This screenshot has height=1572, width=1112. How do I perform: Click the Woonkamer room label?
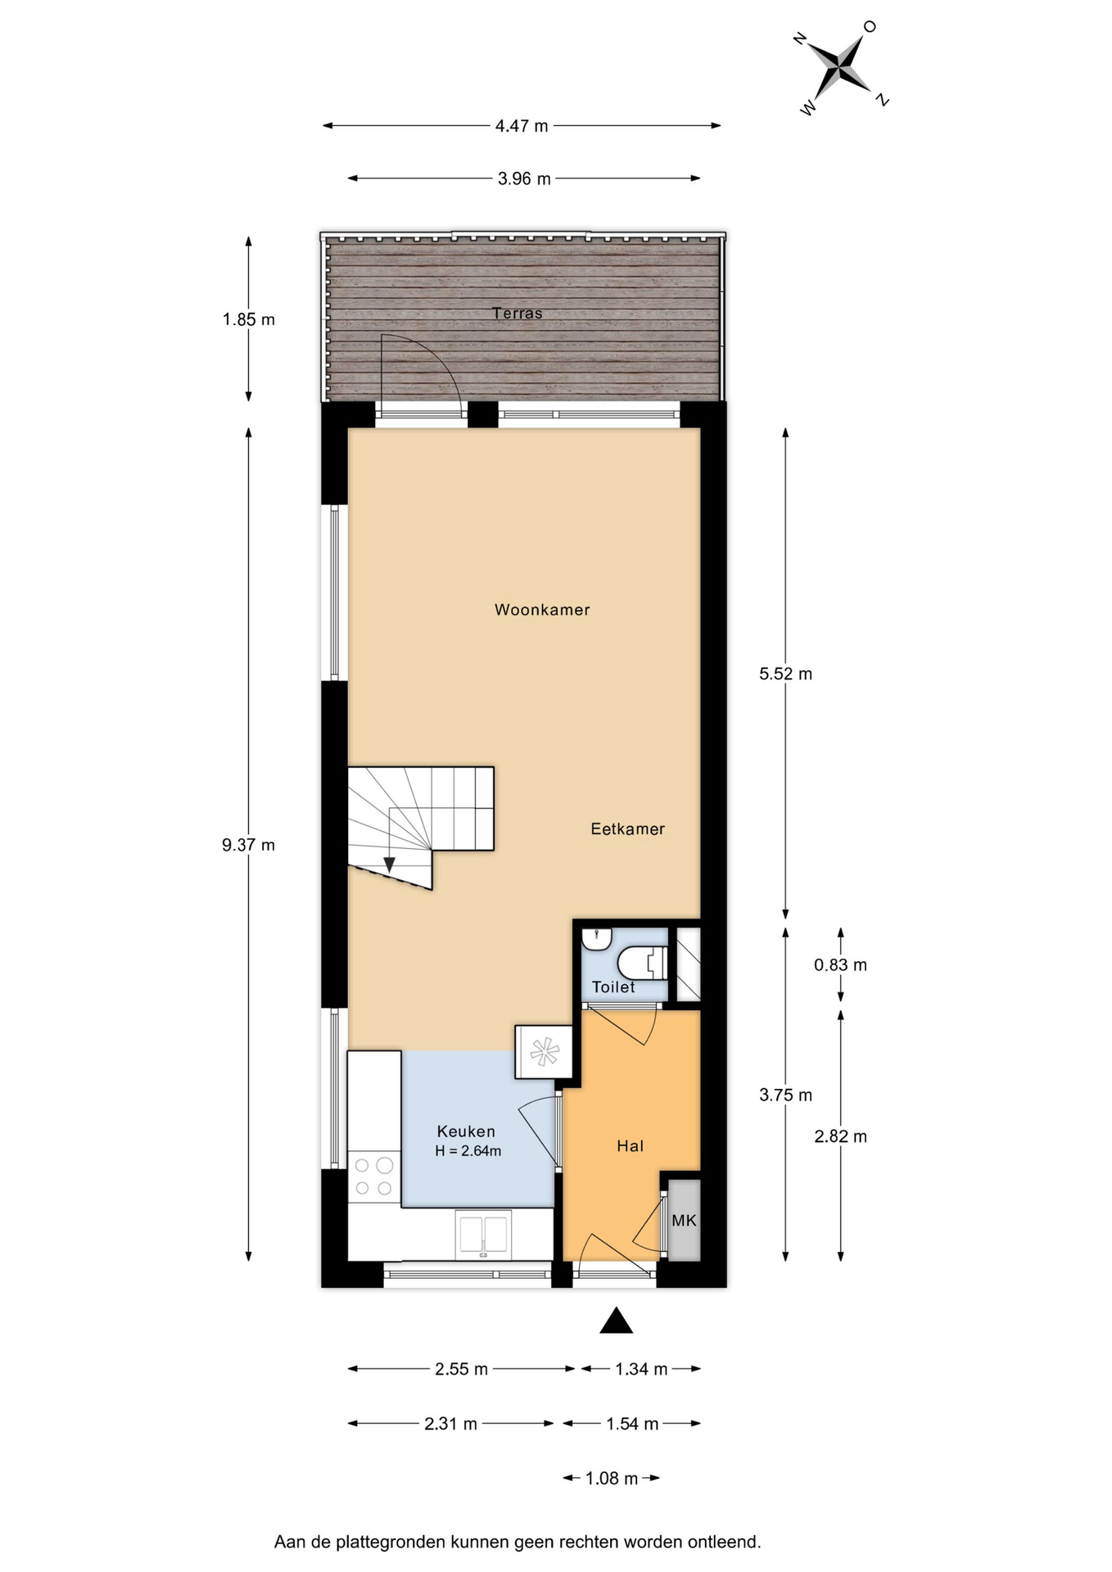(542, 610)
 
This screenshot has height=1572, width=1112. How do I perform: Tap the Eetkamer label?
(628, 829)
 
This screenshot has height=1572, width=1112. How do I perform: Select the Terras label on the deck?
(518, 313)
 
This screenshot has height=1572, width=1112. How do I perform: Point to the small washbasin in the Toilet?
(597, 939)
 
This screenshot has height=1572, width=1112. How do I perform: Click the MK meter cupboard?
(685, 1220)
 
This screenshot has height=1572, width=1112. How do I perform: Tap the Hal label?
(631, 1146)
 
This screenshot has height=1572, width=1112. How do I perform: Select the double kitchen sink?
(483, 1234)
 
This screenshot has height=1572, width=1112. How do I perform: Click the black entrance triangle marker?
(617, 1321)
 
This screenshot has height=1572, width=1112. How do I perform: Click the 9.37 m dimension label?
(248, 845)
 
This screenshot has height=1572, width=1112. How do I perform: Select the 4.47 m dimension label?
(522, 126)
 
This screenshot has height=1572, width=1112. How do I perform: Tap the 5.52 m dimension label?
(785, 674)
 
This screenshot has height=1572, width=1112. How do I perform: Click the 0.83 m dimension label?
(840, 965)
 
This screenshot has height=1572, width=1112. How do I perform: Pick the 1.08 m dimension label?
(612, 1479)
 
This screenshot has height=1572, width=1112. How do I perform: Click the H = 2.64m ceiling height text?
(468, 1151)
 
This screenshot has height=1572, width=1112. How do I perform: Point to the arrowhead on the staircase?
(390, 864)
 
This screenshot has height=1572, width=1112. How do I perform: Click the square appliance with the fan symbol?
(544, 1052)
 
